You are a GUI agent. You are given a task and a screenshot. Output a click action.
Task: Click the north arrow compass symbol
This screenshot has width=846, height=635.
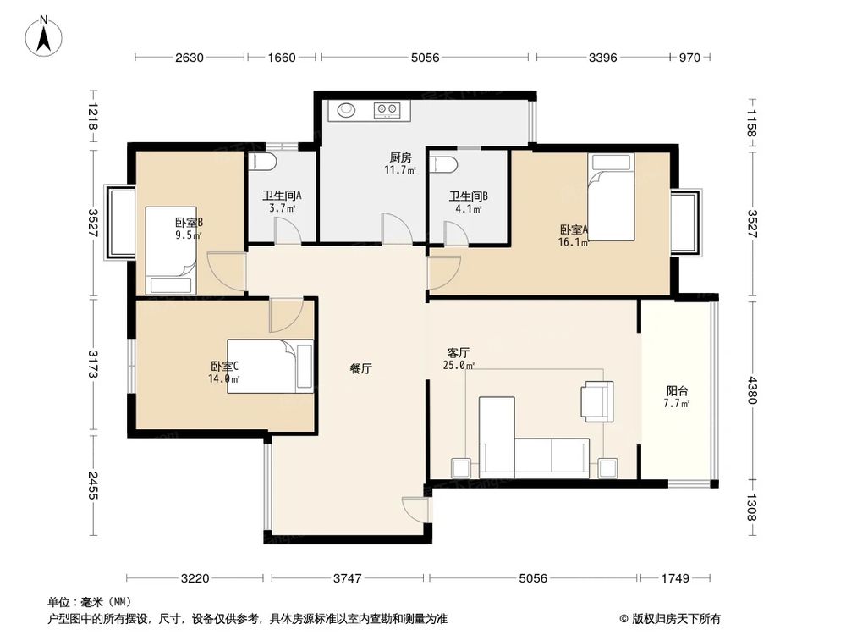point(47,34)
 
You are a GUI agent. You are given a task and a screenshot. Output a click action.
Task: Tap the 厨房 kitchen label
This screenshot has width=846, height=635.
point(400,157)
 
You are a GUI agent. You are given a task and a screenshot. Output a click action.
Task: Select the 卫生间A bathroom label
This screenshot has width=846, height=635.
point(282,195)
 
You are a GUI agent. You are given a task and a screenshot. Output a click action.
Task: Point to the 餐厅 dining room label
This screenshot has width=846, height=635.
point(361,369)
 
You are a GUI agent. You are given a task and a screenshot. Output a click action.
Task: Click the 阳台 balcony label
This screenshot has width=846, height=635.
point(677,391)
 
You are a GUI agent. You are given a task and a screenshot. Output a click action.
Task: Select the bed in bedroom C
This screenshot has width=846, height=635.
point(270,366)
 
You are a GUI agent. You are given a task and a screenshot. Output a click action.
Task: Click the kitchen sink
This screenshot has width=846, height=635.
point(347,109)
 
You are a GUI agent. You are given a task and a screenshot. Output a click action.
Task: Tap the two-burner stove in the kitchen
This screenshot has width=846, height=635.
point(388,109)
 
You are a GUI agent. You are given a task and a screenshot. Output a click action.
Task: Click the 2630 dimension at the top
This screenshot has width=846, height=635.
point(190,58)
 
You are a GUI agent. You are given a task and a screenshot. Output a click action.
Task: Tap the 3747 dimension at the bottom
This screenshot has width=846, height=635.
point(347,579)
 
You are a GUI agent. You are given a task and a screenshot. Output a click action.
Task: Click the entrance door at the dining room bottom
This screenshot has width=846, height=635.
point(415,508)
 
